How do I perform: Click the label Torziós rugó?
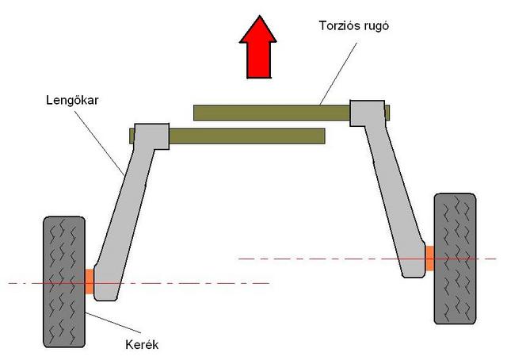pyautogui.click(x=354, y=25)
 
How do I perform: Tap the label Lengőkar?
pyautogui.click(x=72, y=100)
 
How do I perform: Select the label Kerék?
pyautogui.click(x=142, y=344)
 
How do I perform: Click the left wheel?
pyautogui.click(x=64, y=282)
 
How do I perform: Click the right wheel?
pyautogui.click(x=455, y=259)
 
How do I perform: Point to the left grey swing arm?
pyautogui.click(x=129, y=207)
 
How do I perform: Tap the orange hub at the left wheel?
pyautogui.click(x=90, y=281)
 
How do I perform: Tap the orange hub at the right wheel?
pyautogui.click(x=429, y=259)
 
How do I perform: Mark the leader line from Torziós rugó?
pyautogui.click(x=338, y=74)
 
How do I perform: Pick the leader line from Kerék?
pyautogui.click(x=113, y=323)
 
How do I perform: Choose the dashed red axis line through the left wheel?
pyautogui.click(x=139, y=283)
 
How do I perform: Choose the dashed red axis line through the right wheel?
pyautogui.click(x=368, y=259)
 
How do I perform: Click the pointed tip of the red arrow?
pyautogui.click(x=259, y=16)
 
